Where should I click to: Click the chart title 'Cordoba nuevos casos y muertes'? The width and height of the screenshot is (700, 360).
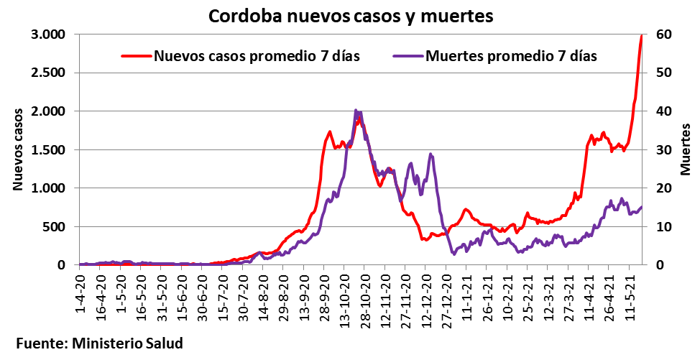[x=351, y=16]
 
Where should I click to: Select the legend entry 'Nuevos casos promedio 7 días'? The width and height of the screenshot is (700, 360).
[x=257, y=55]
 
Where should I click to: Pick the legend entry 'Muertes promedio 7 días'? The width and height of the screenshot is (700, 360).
[x=511, y=55]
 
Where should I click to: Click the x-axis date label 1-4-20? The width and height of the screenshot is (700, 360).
[x=80, y=291]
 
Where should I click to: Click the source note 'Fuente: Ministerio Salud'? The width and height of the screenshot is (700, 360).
[x=99, y=343]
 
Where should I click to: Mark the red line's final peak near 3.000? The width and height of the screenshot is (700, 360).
[x=642, y=36]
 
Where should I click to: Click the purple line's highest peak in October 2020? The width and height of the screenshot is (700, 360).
[x=356, y=111]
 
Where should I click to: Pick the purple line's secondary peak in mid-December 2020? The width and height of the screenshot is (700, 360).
[x=430, y=154]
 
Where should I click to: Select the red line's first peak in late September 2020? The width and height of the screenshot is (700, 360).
[x=329, y=131]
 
